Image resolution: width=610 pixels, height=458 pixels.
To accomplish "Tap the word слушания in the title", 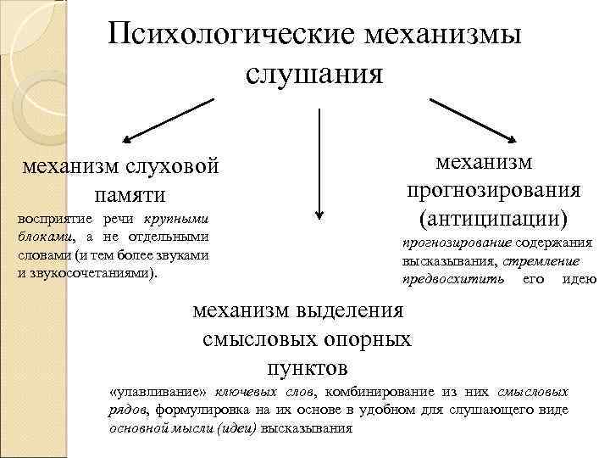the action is click(x=315, y=74).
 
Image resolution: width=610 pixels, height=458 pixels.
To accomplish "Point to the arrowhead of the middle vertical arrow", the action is click(x=319, y=215).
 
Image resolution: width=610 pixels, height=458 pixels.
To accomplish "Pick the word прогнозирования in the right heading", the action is click(x=494, y=189).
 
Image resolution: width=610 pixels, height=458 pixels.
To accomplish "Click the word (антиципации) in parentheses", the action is click(x=493, y=216).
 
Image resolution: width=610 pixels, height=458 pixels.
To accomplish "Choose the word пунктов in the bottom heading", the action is click(x=307, y=369).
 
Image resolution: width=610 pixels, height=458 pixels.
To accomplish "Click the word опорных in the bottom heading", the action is click(x=368, y=340).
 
